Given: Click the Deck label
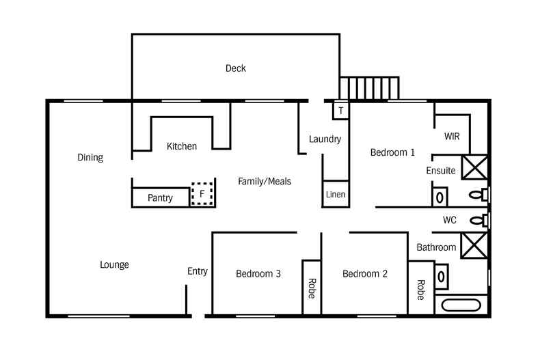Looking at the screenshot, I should [235, 68].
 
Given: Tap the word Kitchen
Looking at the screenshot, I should [182, 146].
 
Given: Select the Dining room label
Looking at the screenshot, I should [90, 158].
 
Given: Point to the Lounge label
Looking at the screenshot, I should [114, 265].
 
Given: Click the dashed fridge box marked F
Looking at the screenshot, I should [202, 194].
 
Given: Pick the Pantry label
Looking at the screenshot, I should [161, 198].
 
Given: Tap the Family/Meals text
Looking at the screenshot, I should [265, 182].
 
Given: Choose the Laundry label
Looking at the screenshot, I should [325, 139].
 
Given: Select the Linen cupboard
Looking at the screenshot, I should [335, 194].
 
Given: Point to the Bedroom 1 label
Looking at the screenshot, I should [392, 152].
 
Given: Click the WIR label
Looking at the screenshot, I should [452, 136].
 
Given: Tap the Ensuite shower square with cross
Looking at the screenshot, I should [474, 167].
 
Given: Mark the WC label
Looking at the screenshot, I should [449, 220].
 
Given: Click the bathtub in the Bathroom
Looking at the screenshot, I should [462, 306].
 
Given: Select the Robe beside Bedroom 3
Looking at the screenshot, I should [312, 288].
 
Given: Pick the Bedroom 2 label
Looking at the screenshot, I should [365, 274].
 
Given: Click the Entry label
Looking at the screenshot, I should [198, 271].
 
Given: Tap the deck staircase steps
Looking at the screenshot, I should [369, 89].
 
